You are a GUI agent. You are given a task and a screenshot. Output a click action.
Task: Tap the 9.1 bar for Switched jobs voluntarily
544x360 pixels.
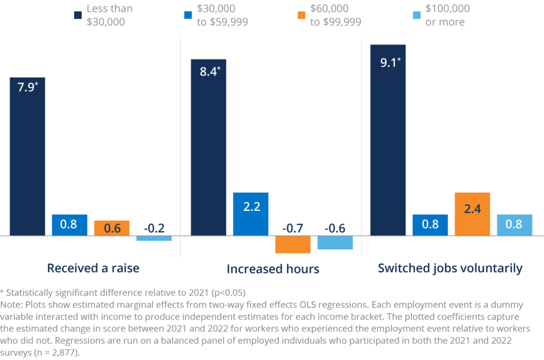click(388, 139)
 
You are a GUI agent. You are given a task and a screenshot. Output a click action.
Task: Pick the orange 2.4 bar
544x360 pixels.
click(472, 213)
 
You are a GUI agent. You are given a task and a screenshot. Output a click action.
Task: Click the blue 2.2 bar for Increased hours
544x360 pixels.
click(251, 213)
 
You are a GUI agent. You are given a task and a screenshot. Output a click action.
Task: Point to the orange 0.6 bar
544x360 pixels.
click(112, 227)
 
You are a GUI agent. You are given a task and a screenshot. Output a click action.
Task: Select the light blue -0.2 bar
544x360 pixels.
click(154, 238)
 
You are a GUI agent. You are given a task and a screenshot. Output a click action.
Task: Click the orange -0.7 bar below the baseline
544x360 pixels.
click(293, 244)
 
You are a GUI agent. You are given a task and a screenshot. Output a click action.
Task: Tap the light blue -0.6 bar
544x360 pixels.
click(335, 243)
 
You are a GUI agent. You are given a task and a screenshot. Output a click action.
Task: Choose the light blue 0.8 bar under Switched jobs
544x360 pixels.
click(515, 225)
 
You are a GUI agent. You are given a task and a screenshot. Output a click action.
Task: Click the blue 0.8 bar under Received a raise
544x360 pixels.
click(69, 225)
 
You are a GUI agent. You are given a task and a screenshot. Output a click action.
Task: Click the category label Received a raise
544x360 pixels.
click(93, 268)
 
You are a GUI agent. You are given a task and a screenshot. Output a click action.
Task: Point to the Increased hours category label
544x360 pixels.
click(273, 269)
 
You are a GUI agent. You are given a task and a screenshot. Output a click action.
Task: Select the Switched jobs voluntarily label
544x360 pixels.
click(450, 268)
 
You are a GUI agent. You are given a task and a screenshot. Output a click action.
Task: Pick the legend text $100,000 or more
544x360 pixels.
click(447, 15)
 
